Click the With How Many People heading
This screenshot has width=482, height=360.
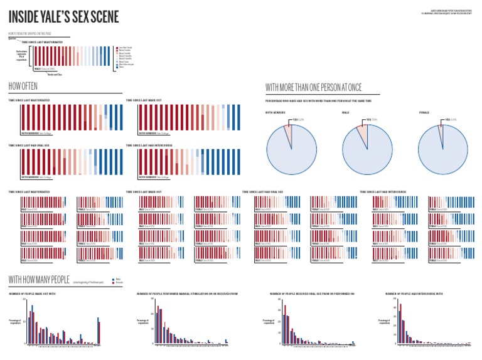[39, 279]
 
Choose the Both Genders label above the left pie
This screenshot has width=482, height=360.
[276, 113]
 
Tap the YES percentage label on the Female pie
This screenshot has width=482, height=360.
[451, 119]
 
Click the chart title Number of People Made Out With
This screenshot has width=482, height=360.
[33, 294]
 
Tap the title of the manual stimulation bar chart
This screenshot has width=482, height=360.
[186, 294]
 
